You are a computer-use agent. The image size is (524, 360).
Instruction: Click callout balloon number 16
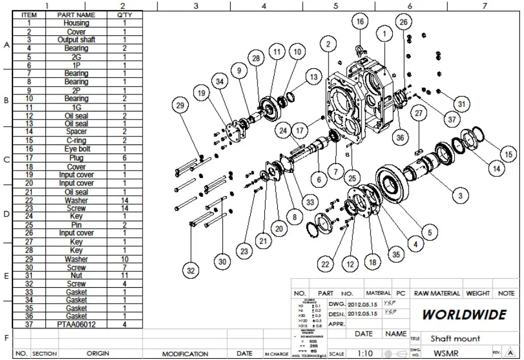point(359,22)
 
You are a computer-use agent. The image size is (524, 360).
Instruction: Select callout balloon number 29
point(180,106)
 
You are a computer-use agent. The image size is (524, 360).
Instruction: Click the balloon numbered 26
point(403,22)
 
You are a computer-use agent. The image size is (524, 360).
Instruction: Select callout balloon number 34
point(220,82)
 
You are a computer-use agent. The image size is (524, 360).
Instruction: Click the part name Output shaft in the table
point(76,40)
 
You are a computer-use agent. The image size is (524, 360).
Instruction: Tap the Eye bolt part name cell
point(76,149)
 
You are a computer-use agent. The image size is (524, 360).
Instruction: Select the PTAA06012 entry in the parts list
point(76,324)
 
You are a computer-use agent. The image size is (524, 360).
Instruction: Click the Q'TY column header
point(124,15)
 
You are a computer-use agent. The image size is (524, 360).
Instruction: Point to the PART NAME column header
point(76,15)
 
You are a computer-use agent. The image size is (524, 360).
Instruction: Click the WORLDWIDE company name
point(464,315)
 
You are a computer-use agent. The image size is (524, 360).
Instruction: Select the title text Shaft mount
point(455,338)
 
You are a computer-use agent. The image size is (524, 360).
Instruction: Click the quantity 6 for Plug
point(124,158)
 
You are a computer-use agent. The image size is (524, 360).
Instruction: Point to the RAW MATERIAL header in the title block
point(436,293)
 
